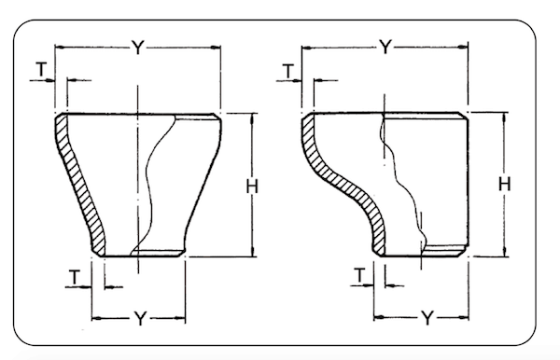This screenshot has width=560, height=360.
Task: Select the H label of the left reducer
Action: (x=251, y=187)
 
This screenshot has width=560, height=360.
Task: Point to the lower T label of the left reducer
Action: (x=76, y=275)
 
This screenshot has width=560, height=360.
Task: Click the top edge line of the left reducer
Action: (x=140, y=113)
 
